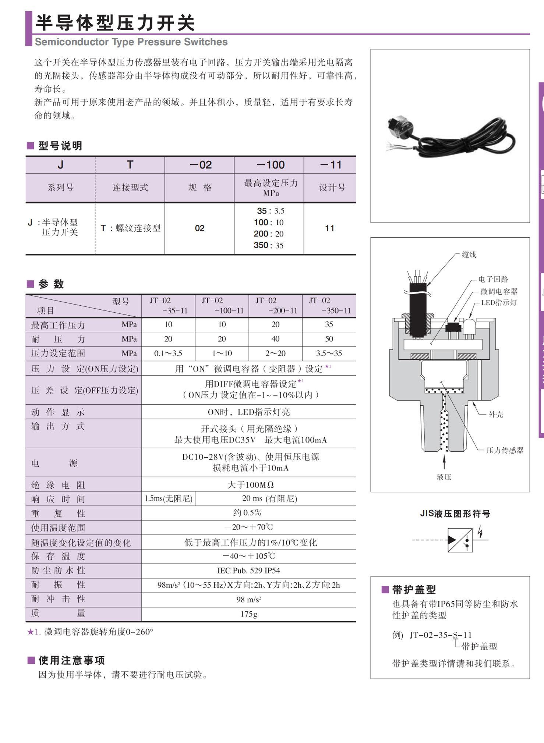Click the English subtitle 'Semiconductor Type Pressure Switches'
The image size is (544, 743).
[x=131, y=42]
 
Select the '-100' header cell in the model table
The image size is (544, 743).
[x=271, y=165]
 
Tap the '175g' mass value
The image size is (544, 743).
[x=249, y=614]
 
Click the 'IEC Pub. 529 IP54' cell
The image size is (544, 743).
[x=249, y=570]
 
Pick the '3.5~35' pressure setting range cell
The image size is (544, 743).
[x=329, y=353]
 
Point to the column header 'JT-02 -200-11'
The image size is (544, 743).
[x=276, y=306]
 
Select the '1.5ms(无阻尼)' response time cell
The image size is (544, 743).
[x=168, y=498]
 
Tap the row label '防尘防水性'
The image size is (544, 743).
[x=58, y=570]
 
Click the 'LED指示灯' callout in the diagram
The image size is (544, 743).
[x=499, y=303]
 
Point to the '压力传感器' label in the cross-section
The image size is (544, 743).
[x=505, y=451]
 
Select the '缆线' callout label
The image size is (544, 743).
[x=469, y=255]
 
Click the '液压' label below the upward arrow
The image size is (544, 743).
[x=444, y=477]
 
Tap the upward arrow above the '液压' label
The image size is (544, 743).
[x=444, y=462]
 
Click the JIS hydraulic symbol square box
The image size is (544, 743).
[x=460, y=540]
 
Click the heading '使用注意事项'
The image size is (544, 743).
[x=72, y=661]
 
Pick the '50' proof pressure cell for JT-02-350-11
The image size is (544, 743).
[x=329, y=339]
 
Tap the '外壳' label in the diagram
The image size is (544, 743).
[x=496, y=415]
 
